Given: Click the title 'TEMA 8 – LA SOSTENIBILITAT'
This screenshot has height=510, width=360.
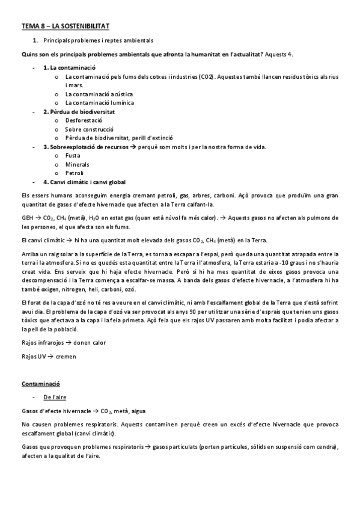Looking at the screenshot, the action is click(66, 27).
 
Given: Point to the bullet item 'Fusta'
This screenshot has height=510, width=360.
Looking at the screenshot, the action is click(73, 155).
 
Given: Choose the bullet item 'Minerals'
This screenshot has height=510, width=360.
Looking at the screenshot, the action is click(77, 164).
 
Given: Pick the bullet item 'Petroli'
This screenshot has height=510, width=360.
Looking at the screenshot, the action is click(75, 173).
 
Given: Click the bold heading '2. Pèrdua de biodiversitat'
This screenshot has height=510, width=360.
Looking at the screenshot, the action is click(79, 111).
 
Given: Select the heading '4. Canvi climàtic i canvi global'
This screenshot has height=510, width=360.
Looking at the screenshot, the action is click(85, 182).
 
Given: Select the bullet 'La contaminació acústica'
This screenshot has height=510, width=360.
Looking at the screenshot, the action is click(99, 94).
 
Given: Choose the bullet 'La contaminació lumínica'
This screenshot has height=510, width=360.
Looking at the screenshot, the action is click(99, 102).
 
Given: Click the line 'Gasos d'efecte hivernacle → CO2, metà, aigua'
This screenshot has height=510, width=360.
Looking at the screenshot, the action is click(83, 411).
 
